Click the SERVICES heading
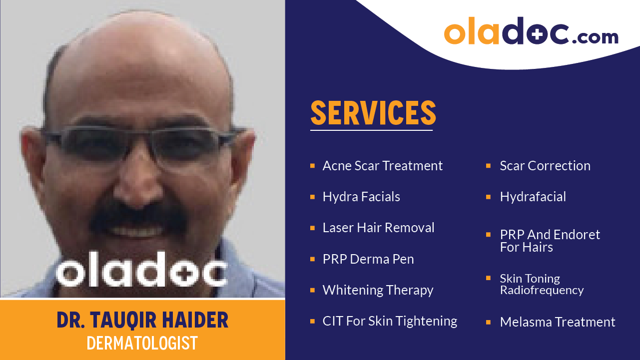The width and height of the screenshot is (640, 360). click(373, 113)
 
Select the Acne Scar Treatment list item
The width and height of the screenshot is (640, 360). click(382, 166)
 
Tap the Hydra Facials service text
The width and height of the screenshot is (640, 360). click(361, 197)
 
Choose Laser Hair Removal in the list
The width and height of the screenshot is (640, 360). click(378, 228)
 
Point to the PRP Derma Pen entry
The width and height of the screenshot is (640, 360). click(368, 259)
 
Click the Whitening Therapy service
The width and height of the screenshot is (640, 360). click(378, 290)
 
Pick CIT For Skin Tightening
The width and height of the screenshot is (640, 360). click(390, 321)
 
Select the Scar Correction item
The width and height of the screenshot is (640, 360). click(545, 166)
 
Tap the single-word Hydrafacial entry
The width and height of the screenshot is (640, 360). click(533, 197)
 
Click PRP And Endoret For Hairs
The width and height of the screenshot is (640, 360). click(550, 241)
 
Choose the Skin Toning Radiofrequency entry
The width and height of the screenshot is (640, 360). click(542, 284)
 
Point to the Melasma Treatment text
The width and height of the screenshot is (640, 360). click(558, 322)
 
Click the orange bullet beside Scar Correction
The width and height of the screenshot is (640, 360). click(488, 165)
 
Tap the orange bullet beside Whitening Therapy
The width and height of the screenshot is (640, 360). click(312, 290)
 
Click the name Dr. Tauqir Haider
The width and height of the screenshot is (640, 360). click(142, 320)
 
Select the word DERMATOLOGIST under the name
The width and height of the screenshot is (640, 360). click(142, 343)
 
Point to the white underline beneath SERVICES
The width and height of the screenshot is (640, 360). click(371, 130)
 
